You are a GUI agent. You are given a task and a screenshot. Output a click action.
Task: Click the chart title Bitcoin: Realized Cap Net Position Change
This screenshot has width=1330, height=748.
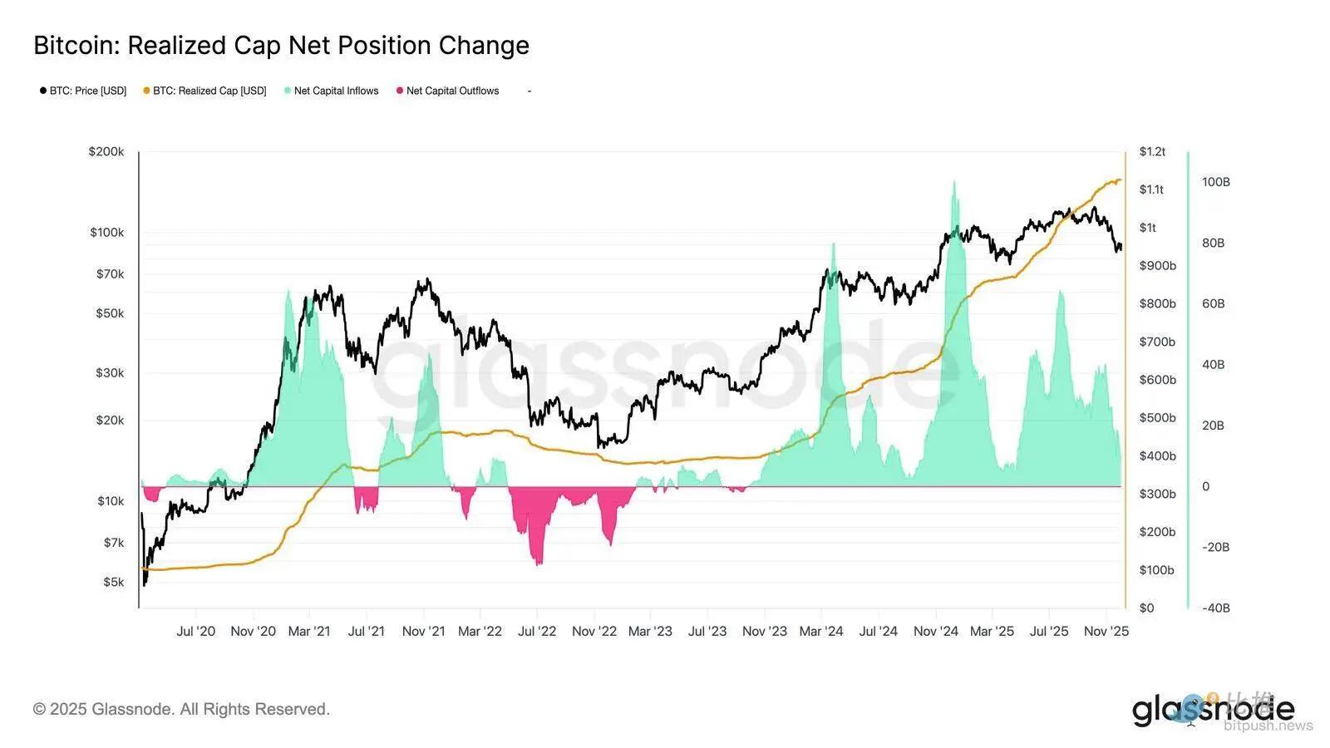pos(281,46)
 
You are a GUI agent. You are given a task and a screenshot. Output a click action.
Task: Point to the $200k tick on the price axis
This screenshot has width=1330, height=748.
pos(106,152)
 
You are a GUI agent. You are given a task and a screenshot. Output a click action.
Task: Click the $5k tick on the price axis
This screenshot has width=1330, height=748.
pos(113,582)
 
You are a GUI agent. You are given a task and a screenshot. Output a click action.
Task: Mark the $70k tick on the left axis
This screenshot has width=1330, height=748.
pos(110,273)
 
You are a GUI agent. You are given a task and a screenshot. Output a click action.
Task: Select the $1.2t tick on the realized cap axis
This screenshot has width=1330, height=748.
pos(1152,152)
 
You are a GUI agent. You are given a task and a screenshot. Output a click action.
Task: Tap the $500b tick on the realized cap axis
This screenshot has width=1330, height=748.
pos(1157,418)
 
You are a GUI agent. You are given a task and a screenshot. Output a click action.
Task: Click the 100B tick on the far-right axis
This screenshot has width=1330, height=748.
pos(1215,182)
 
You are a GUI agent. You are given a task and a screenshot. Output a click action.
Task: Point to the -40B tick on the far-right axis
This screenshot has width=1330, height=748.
pos(1215,608)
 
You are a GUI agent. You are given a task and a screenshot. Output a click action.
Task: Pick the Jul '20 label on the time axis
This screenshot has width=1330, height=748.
pos(196,632)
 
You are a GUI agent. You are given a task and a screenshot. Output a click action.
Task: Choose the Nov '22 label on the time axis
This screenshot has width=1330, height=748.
pos(594,632)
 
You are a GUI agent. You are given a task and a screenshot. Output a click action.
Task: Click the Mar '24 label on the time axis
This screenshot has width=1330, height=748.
pos(821,632)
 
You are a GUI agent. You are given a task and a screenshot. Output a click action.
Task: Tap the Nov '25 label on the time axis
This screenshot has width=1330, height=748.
pos(1106,632)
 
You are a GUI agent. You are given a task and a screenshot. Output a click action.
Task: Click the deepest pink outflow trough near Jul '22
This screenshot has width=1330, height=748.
pos(539,564)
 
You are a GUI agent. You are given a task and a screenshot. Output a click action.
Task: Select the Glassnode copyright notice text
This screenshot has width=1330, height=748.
pos(181,709)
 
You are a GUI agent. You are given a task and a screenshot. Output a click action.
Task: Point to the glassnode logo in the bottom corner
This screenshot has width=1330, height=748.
pos(1213,710)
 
